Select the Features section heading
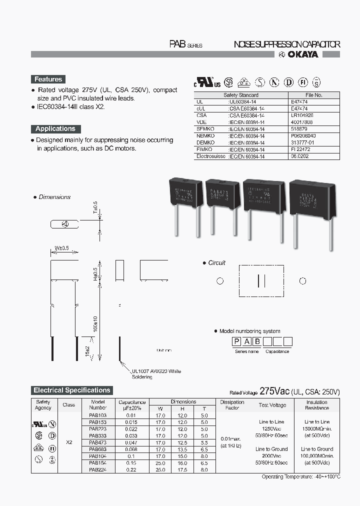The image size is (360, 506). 48,79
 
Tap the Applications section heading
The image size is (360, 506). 55,128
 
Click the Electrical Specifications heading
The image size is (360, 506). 71,390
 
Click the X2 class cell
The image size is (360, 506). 69,442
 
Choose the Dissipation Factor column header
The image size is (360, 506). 231,405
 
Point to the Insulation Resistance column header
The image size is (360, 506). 317,405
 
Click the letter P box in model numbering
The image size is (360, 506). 235,342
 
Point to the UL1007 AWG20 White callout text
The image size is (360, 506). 156,371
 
